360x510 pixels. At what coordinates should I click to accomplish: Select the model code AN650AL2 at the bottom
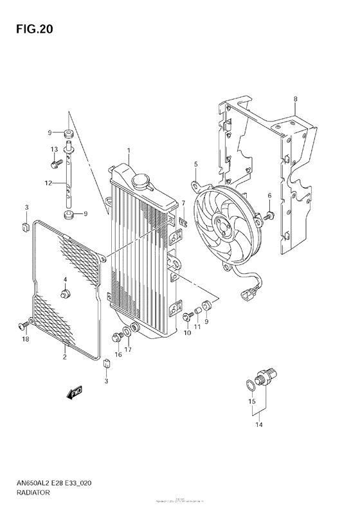pyautogui.click(x=30, y=484)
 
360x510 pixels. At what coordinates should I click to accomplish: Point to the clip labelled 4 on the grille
pyautogui.click(x=65, y=294)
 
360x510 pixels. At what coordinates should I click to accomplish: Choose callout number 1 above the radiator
pyautogui.click(x=128, y=150)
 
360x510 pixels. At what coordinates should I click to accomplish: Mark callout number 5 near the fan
pyautogui.click(x=195, y=165)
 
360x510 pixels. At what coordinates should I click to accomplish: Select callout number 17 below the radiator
pyautogui.click(x=128, y=350)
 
